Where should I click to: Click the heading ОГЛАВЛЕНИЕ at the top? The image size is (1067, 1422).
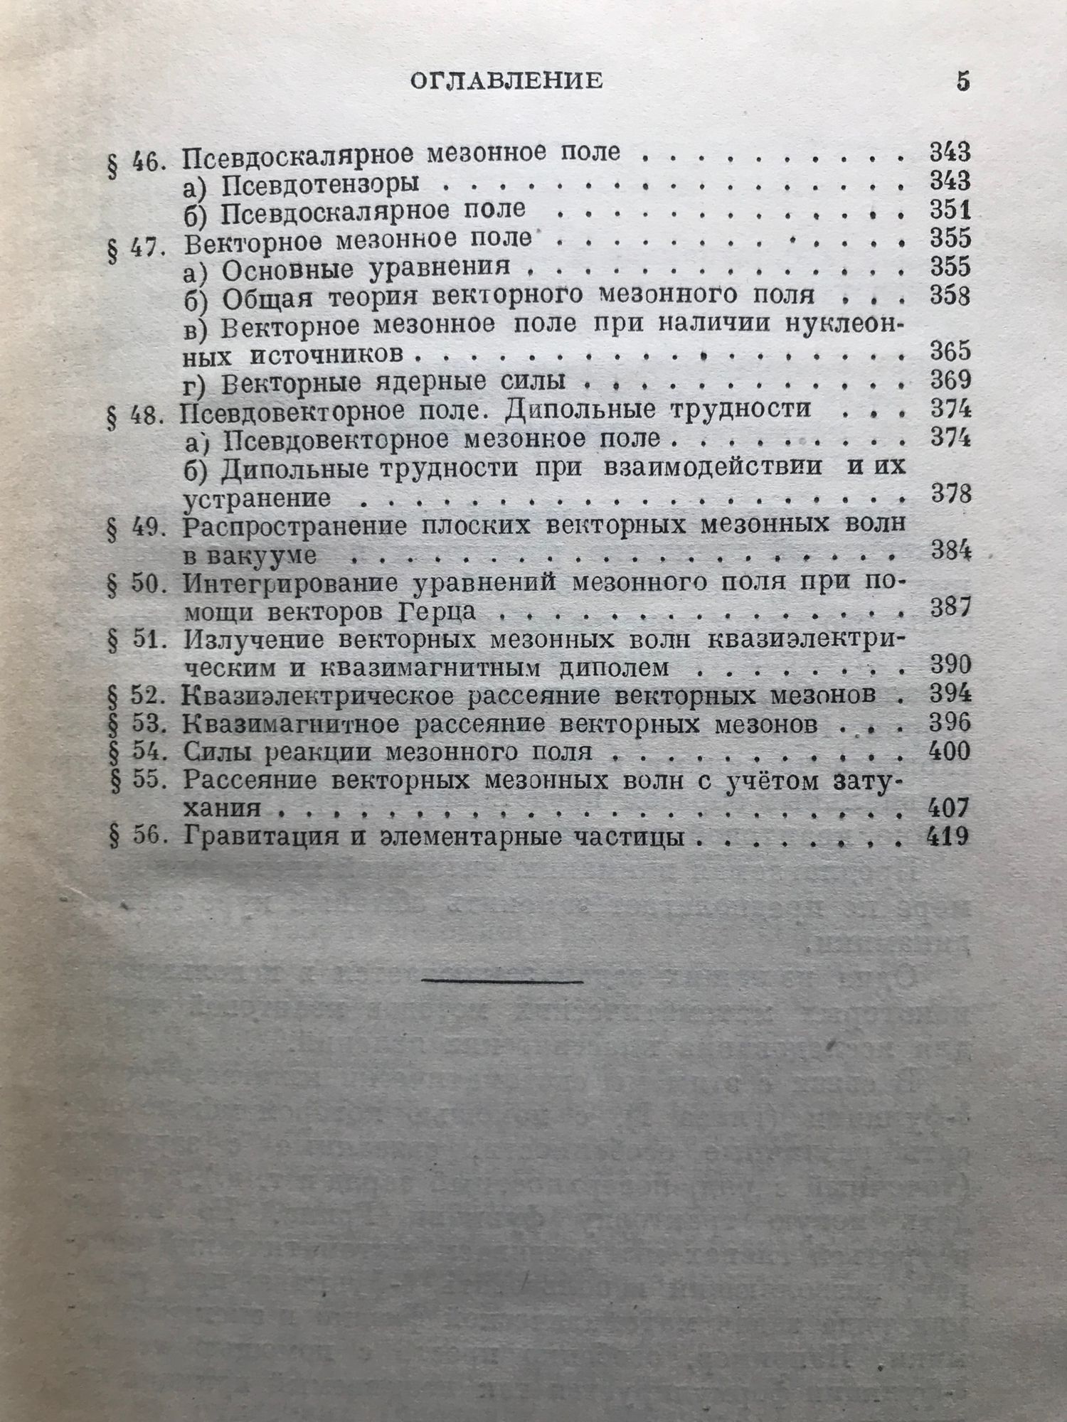click(x=506, y=80)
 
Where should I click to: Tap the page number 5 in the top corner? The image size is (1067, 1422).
click(x=962, y=81)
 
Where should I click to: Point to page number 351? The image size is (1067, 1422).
click(x=949, y=210)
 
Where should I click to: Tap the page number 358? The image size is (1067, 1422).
click(x=949, y=295)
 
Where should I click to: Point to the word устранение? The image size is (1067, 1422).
click(x=258, y=498)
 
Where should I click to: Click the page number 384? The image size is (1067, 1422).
click(x=949, y=551)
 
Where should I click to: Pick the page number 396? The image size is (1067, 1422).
click(x=949, y=723)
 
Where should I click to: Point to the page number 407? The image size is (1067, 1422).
click(x=949, y=808)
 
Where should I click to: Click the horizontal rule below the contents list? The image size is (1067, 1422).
click(x=504, y=982)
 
